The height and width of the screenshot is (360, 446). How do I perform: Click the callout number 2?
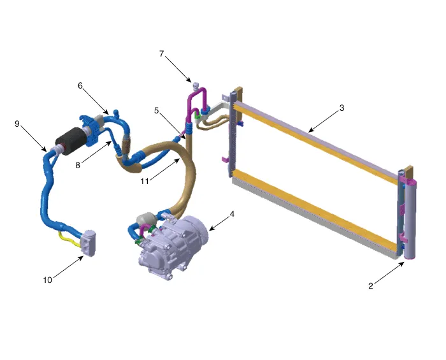(370, 286)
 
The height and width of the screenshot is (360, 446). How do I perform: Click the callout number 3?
(342, 108)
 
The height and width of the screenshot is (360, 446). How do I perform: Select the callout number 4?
(233, 214)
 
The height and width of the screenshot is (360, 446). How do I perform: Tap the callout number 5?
(156, 110)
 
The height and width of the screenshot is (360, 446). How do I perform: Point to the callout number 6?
(81, 85)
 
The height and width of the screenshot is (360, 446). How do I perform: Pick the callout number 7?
(162, 55)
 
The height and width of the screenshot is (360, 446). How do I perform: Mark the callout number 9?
(17, 124)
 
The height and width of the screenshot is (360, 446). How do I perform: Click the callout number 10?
(48, 280)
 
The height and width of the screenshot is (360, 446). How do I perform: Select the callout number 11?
(146, 181)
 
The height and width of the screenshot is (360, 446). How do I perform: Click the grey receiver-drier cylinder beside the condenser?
(408, 220)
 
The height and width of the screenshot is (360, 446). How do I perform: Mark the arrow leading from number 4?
(219, 222)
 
